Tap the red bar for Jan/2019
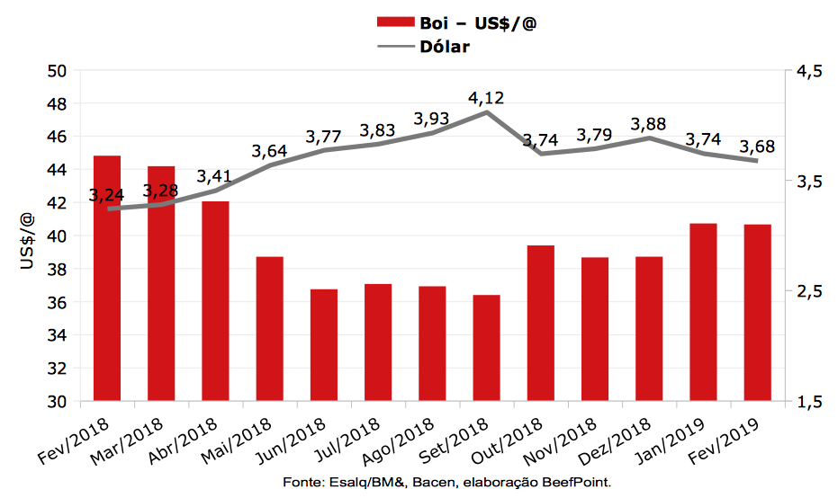pyautogui.click(x=703, y=312)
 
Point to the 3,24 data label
pyautogui.click(x=108, y=195)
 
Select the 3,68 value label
pyautogui.click(x=757, y=147)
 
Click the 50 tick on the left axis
pyautogui.click(x=58, y=71)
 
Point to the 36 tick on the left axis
pyautogui.click(x=58, y=303)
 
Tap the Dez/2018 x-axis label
pyautogui.click(x=626, y=442)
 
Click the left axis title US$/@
pyautogui.click(x=27, y=236)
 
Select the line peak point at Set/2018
pyautogui.click(x=486, y=112)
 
